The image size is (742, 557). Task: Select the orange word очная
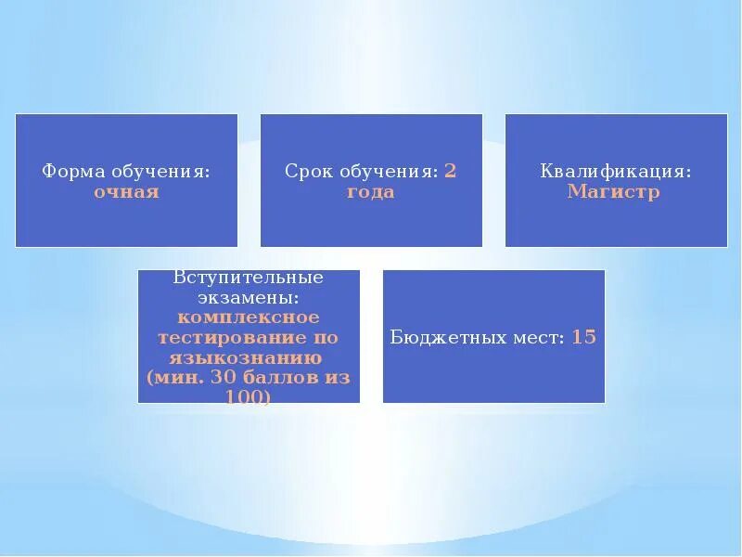pos(126,192)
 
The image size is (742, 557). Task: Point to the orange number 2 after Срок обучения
pos(450,172)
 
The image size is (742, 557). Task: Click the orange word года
pos(371,192)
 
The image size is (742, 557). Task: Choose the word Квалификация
pos(616,172)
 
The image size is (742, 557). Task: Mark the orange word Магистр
pos(614,192)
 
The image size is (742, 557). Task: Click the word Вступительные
pos(249,278)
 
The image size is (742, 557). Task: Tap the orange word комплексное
pos(249,317)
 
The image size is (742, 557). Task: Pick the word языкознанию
pos(246,357)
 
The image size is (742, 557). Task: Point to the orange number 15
pos(583,337)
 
